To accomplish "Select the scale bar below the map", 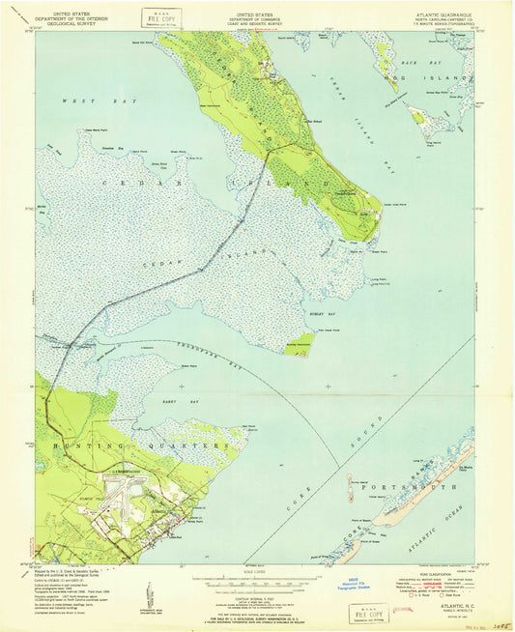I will coord(256,581).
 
